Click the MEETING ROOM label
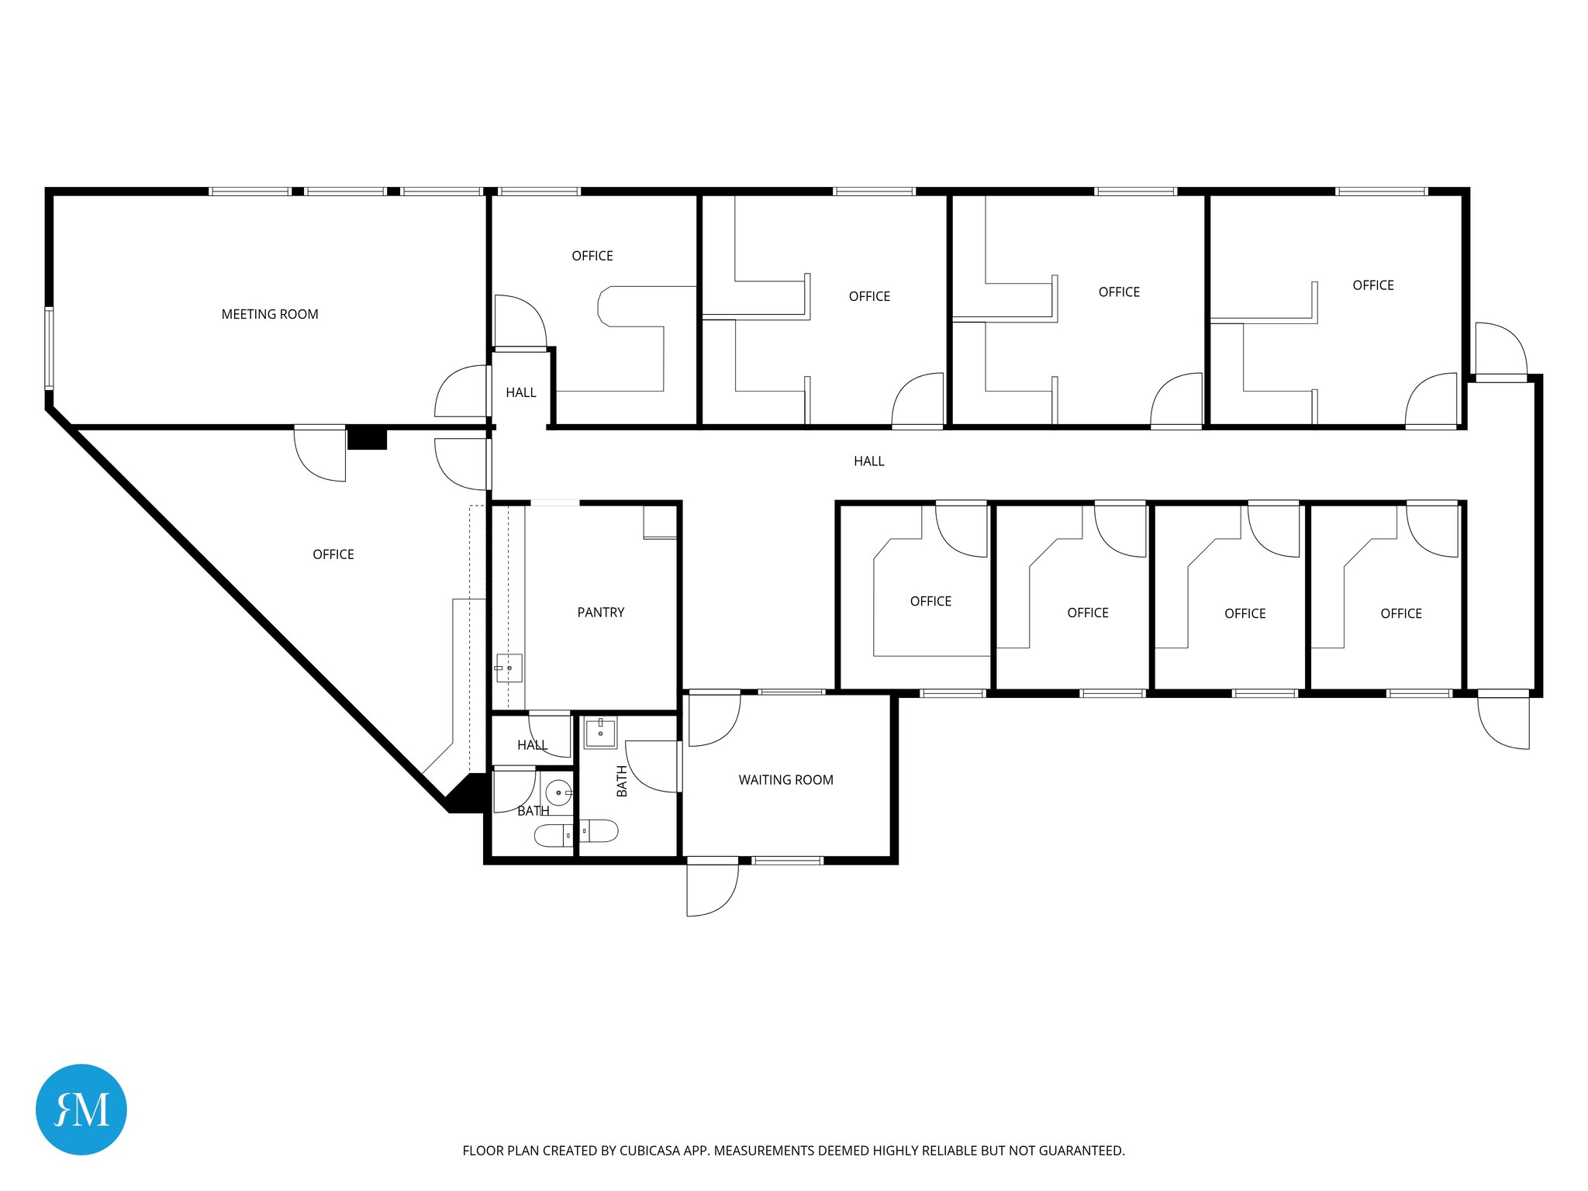tap(270, 314)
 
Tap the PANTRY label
tap(600, 613)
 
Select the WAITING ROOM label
tap(785, 780)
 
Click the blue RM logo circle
tap(81, 1109)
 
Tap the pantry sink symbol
tap(509, 668)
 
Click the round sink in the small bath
tap(558, 793)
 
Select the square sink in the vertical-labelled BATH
tap(600, 733)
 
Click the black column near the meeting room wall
tap(367, 439)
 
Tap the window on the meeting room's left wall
tap(49, 347)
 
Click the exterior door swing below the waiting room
tap(712, 889)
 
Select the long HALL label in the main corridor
tap(868, 461)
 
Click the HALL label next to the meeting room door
tap(521, 392)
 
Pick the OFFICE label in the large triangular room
tap(333, 554)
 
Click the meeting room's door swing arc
tap(461, 391)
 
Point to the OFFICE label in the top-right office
tap(1372, 285)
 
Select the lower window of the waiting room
tap(787, 860)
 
